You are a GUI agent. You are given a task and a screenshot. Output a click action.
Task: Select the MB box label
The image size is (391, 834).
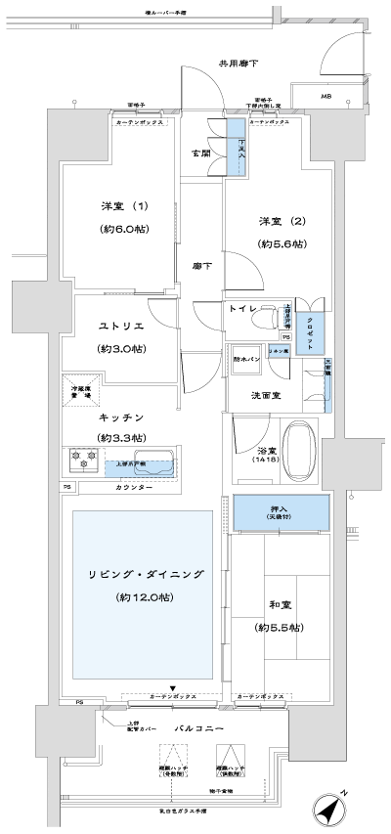pyautogui.click(x=326, y=96)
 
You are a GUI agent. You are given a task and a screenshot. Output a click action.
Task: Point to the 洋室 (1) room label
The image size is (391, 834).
pyautogui.click(x=123, y=206)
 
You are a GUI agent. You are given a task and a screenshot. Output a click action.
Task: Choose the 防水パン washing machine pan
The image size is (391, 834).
pyautogui.click(x=244, y=359)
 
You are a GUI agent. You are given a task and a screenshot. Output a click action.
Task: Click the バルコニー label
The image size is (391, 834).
pyautogui.click(x=202, y=729)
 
